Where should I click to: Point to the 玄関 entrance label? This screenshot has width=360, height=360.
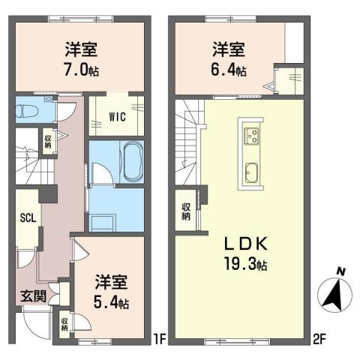coord(31,295)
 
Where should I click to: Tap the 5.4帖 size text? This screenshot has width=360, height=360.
coord(112,305)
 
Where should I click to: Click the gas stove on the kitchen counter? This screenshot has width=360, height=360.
coord(251,136)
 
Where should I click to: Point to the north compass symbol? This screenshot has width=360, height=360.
coord(335,293)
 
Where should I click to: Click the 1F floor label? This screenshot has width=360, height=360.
coord(159,339)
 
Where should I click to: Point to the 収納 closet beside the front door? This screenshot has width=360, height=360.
coord(65,322)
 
